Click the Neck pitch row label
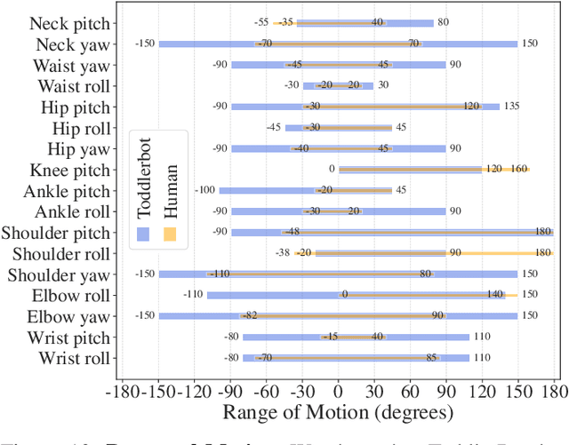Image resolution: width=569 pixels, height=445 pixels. [70, 23]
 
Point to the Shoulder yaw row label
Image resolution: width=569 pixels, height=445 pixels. [60, 274]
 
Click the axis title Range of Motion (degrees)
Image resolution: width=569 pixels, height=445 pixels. [338, 412]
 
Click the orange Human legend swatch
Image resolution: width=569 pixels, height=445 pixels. [171, 234]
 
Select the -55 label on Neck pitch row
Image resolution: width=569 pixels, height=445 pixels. [260, 22]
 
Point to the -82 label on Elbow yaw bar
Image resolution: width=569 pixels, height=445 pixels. [250, 315]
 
